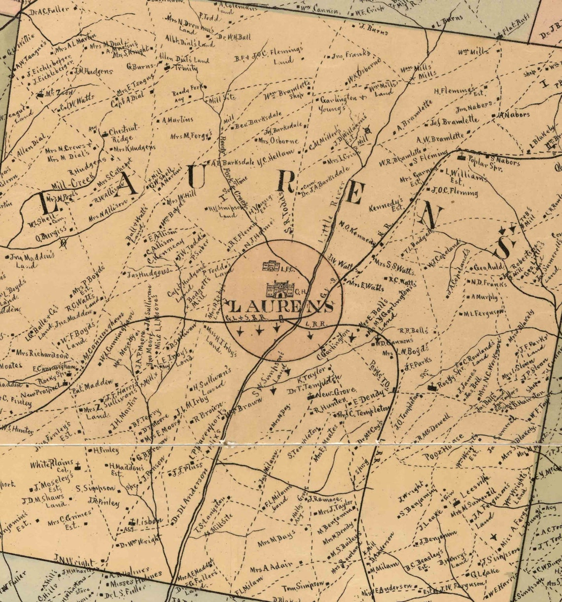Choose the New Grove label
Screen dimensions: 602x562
pos(332,394)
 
